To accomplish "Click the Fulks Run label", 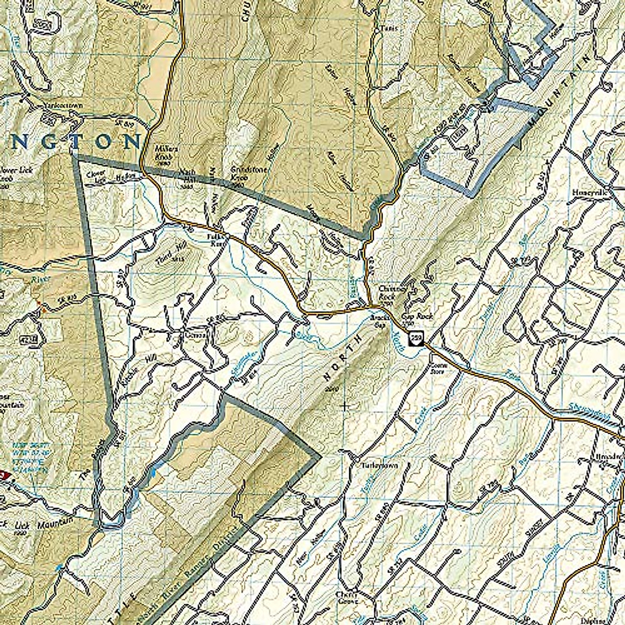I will (216, 240).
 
